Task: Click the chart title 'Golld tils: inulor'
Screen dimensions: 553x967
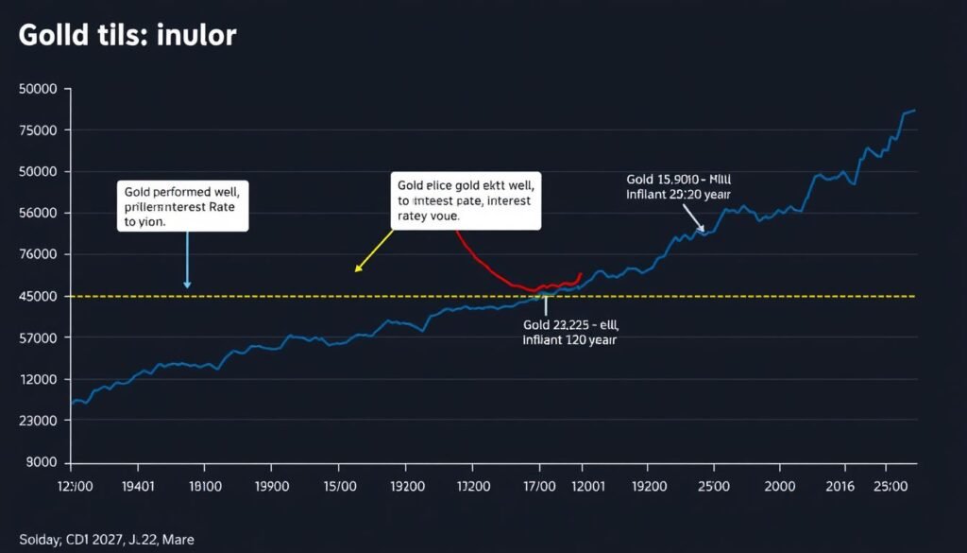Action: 127,36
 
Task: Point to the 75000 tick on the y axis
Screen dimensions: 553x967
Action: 38,130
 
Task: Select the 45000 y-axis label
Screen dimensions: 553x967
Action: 38,296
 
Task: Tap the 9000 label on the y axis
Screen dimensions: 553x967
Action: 42,462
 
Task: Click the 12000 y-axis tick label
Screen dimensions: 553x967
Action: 38,379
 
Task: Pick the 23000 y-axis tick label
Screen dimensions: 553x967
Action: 38,421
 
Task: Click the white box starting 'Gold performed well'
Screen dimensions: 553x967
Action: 184,206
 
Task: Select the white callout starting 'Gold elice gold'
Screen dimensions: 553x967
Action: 465,201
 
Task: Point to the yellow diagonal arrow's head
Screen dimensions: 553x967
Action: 357,270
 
